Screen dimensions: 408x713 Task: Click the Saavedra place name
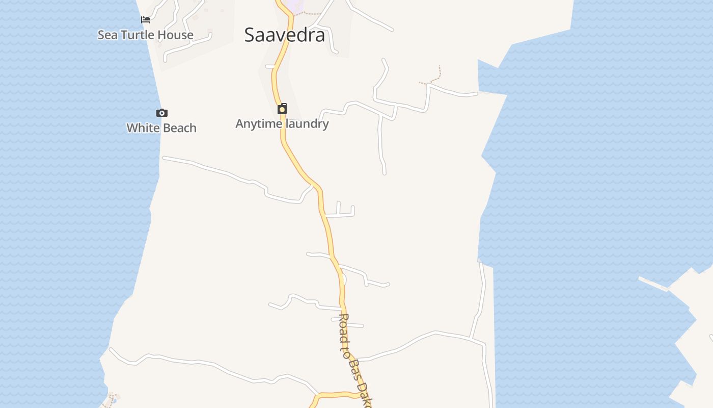pos(284,35)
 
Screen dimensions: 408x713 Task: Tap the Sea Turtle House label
pos(146,35)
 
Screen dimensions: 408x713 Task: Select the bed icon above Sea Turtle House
pos(146,20)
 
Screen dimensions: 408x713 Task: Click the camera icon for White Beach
pos(161,113)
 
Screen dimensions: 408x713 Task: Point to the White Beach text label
pos(161,127)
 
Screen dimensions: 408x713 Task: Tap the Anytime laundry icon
pos(282,109)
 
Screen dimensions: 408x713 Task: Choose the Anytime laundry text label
pos(282,123)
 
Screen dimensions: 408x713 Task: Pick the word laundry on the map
pos(307,123)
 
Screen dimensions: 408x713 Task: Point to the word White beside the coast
pos(143,127)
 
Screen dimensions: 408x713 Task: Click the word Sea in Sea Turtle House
pos(106,35)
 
